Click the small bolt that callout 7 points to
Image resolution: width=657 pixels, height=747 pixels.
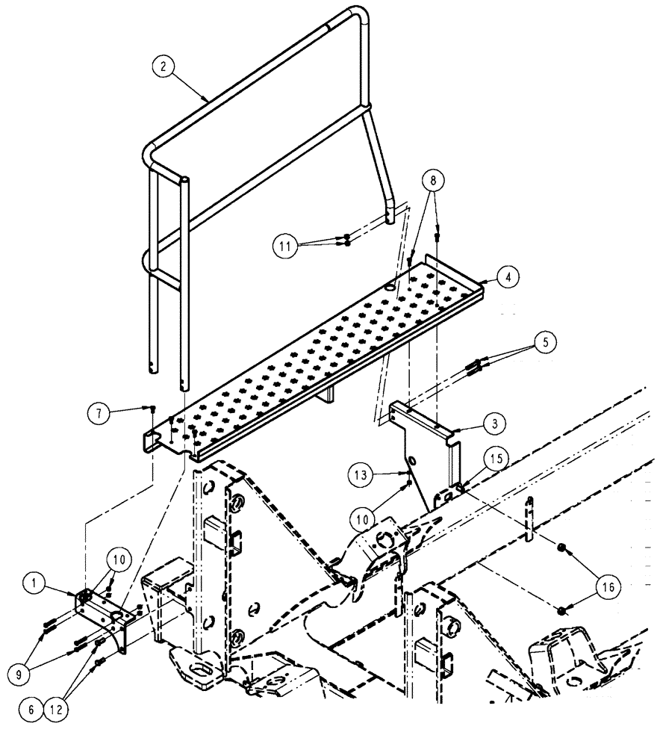152,409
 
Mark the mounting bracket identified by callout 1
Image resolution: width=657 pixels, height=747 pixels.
105,613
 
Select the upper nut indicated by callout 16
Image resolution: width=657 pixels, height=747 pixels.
561,551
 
